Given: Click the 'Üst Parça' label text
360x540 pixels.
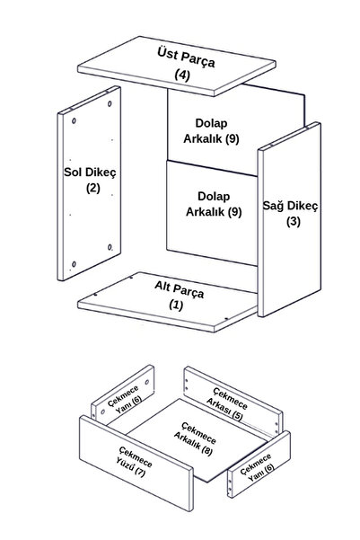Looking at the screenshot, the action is click(186, 58).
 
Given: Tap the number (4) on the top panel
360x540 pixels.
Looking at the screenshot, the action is click(182, 75).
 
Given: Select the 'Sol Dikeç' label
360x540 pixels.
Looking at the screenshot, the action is click(90, 172).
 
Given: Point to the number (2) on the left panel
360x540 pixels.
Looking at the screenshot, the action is click(93, 188).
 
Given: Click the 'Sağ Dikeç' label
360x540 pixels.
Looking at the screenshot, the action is click(291, 206).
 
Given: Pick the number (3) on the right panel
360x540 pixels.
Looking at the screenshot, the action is click(294, 221).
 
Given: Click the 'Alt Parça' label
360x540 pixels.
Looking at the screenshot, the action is click(179, 289).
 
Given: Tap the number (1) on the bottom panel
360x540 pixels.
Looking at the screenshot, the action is click(176, 305).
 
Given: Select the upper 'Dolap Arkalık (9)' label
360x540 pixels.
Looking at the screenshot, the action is click(211, 131).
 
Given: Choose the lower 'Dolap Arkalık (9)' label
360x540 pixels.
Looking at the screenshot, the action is click(214, 204).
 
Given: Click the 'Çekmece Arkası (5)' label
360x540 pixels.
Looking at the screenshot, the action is click(227, 403).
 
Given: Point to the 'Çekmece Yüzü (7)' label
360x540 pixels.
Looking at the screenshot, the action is click(135, 462).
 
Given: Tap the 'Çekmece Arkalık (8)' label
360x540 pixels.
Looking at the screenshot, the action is click(195, 438).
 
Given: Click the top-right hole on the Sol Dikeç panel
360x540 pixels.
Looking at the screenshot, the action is click(110, 103).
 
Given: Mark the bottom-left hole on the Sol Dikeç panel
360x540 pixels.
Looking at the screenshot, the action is click(74, 264).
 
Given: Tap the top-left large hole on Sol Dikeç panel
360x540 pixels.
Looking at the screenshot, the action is click(74, 121).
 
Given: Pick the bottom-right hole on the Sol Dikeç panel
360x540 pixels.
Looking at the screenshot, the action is click(110, 247).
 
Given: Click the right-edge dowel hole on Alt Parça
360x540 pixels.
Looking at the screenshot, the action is click(226, 319).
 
